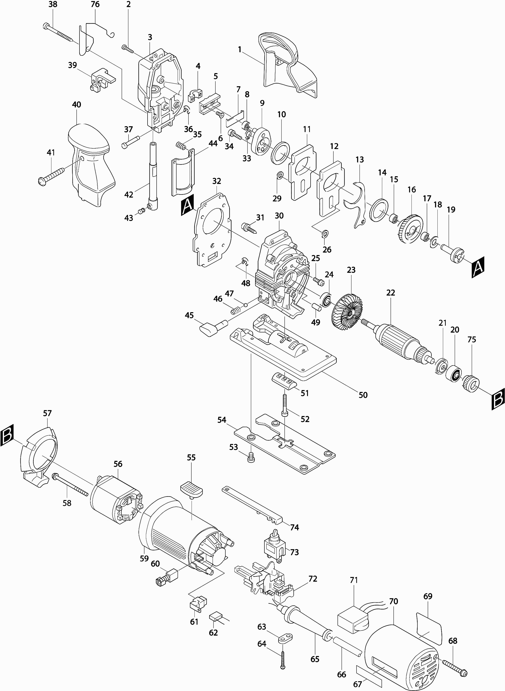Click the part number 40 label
(76, 105)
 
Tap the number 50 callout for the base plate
(363, 395)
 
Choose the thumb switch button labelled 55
(192, 489)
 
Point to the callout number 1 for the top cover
(240, 49)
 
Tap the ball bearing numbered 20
(453, 374)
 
